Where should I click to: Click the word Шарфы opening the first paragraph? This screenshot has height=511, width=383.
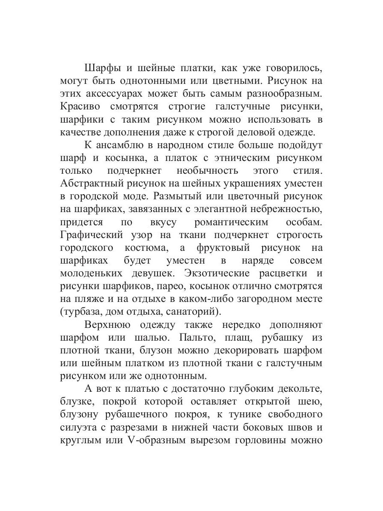pyautogui.click(x=102, y=68)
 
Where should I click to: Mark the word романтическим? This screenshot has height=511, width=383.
pyautogui.click(x=231, y=222)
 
